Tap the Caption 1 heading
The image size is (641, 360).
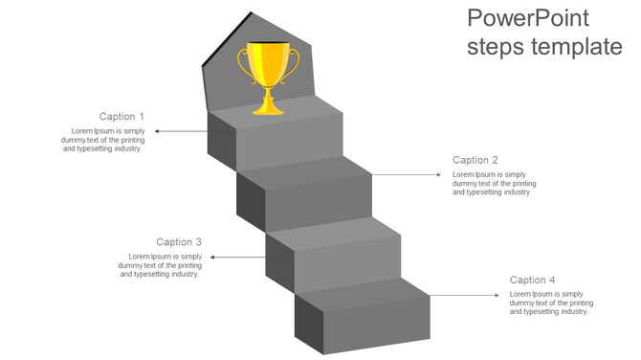pyautogui.click(x=122, y=117)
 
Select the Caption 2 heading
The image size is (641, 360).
pyautogui.click(x=475, y=161)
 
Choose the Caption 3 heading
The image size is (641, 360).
pyautogui.click(x=179, y=242)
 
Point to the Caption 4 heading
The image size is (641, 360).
pyautogui.click(x=533, y=281)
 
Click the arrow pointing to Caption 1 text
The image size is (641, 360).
pyautogui.click(x=182, y=131)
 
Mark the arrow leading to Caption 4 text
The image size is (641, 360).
pyautogui.click(x=464, y=296)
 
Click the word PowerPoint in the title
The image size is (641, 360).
pyautogui.click(x=527, y=18)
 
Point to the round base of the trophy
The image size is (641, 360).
pyautogui.click(x=269, y=108)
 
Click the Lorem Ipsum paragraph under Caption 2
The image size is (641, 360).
pyautogui.click(x=494, y=183)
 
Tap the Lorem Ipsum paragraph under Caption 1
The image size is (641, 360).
pyautogui.click(x=103, y=140)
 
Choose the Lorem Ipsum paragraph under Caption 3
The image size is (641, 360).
pyautogui.click(x=161, y=265)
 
